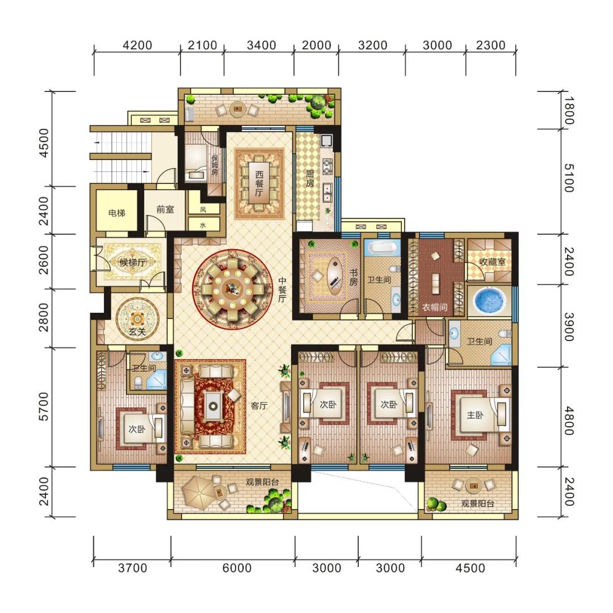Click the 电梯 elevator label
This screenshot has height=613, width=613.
(x=116, y=213)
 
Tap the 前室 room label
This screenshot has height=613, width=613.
(x=165, y=209)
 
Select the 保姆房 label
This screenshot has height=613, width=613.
(x=215, y=165)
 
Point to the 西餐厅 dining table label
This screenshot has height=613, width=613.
(x=259, y=184)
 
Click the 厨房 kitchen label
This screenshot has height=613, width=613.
(x=310, y=179)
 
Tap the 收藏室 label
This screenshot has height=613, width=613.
(x=492, y=262)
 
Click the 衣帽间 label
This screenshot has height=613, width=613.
(x=434, y=307)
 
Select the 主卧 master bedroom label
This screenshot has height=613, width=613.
(x=475, y=415)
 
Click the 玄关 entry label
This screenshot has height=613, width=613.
(x=137, y=332)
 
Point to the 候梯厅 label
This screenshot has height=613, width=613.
(x=132, y=263)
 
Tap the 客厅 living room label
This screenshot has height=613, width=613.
(x=259, y=406)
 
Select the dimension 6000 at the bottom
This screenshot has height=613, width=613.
(x=237, y=568)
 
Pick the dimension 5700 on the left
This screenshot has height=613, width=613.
(x=44, y=406)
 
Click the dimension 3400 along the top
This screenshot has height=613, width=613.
(x=261, y=45)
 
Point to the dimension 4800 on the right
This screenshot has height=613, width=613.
(x=569, y=421)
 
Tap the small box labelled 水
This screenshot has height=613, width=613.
(x=203, y=225)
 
